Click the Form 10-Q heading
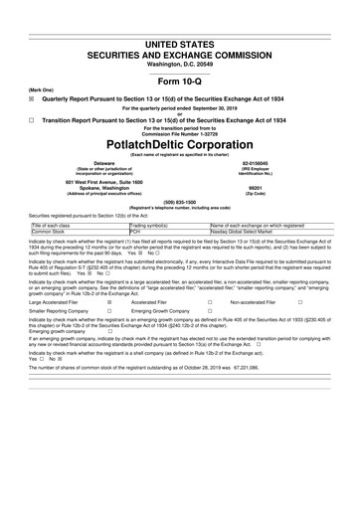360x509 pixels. tap(180, 81)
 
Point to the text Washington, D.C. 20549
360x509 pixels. tap(180, 63)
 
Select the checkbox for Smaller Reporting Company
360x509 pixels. tap(109, 311)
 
